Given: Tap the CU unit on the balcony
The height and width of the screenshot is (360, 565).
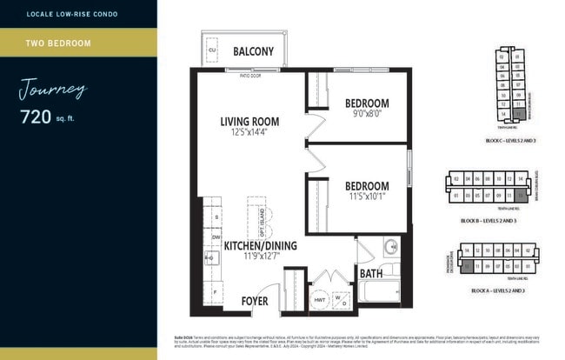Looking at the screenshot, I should pos(211,50).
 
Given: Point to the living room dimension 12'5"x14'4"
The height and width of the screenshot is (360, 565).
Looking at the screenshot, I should pos(249,133).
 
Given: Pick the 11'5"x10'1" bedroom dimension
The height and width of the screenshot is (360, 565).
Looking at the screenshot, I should pos(366,197).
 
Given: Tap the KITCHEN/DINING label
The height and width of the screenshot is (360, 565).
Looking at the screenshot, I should pos(261,245).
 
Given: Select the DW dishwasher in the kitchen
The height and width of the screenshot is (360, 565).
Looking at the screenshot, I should pos(215,236).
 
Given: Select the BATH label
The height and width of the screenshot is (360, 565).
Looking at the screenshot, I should pos(371,274).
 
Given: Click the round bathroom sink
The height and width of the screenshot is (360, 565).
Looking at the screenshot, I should pos(390,246).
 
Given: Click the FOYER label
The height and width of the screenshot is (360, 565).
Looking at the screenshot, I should pos(255,301).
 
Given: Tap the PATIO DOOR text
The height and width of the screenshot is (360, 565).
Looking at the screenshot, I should pos(251,76).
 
